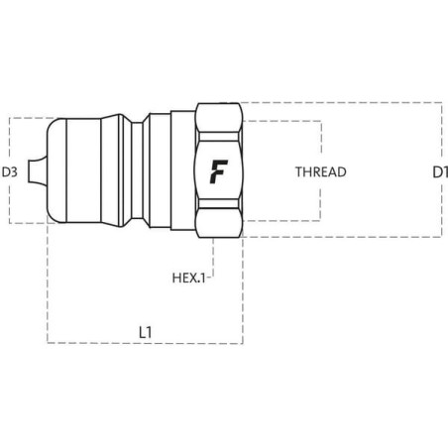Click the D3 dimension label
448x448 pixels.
coord(9,171)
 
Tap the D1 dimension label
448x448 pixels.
coord(440,172)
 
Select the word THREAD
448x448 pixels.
coord(321,171)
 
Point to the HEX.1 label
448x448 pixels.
coord(188,278)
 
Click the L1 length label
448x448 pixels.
coord(146,332)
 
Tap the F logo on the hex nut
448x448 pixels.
coord(218,171)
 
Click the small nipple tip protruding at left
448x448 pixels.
coord(37,170)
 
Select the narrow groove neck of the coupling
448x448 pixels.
coord(137,170)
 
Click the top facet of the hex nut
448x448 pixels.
coord(219,118)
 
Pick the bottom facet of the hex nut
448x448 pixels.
coord(219,223)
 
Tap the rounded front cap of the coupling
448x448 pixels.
coord(56,170)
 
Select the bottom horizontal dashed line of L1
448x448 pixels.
coord(146,343)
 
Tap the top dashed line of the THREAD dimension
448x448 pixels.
coord(281,121)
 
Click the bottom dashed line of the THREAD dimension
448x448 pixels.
coord(281,220)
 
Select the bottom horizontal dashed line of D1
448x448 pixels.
coord(342,237)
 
